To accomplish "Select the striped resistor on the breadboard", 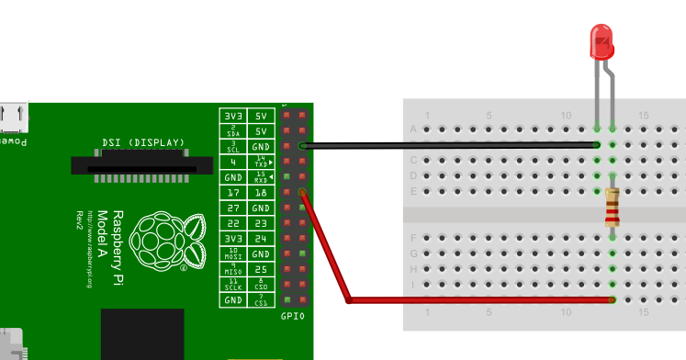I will (x=613, y=207).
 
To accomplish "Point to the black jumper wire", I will (x=450, y=145).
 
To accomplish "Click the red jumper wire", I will (x=478, y=299).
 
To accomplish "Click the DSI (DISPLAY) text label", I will (x=143, y=142).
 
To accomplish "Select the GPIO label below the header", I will (x=294, y=317).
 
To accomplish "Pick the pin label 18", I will (x=261, y=193).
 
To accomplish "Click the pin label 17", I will (x=233, y=193).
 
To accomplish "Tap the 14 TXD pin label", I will (x=261, y=162).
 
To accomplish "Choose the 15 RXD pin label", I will (x=261, y=177).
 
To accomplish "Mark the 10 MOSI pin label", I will (x=233, y=253).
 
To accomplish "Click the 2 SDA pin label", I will (x=233, y=131).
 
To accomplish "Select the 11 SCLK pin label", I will (x=233, y=285).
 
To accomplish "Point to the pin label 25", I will (x=261, y=269).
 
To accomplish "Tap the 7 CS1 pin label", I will (x=261, y=300).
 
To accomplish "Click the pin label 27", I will (x=233, y=208).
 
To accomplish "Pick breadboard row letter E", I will (x=413, y=191).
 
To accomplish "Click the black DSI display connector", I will (x=142, y=164).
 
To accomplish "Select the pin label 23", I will (x=261, y=223).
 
